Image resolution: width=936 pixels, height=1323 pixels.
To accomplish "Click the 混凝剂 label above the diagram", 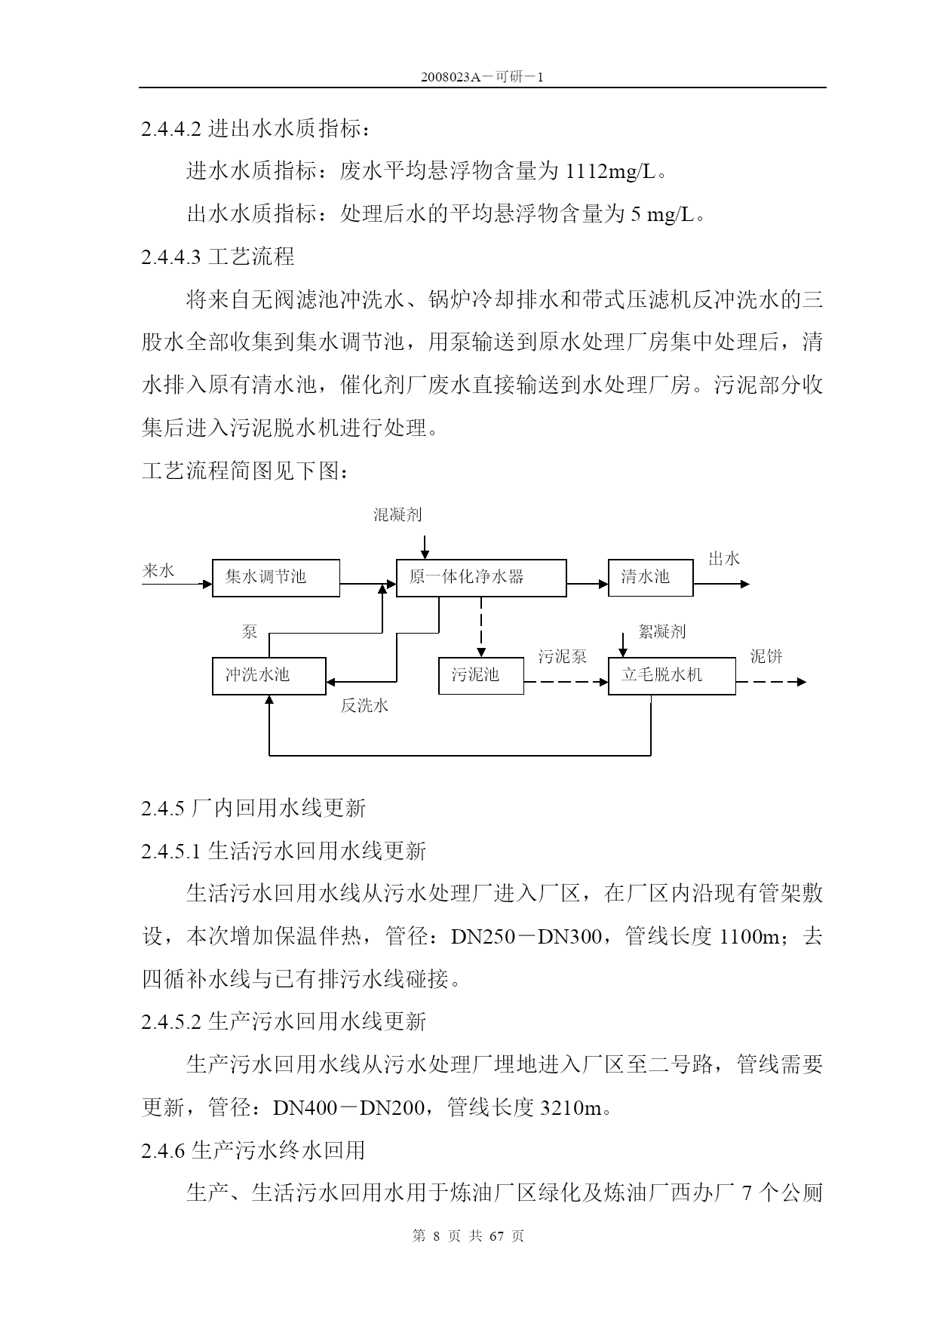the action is pos(397,515).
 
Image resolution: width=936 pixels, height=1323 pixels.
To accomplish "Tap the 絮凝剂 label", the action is pos(662,631).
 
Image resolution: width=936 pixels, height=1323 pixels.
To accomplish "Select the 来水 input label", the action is pos(158,571).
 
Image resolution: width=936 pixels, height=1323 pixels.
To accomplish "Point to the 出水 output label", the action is pos(724,559).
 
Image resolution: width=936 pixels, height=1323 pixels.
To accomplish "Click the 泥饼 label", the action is pos(766,656).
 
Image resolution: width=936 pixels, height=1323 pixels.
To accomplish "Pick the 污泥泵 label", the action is pos(562,656).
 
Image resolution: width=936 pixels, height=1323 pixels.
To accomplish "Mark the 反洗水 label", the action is pos(365,706).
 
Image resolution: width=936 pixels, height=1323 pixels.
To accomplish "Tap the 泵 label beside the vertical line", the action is pos(250,632).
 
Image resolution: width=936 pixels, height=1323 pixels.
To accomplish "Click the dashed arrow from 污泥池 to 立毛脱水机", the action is pos(566,682).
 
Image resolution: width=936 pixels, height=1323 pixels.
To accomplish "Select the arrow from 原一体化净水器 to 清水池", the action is pos(588,584).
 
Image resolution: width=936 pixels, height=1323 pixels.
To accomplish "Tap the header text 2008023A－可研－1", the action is pos(483,78).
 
